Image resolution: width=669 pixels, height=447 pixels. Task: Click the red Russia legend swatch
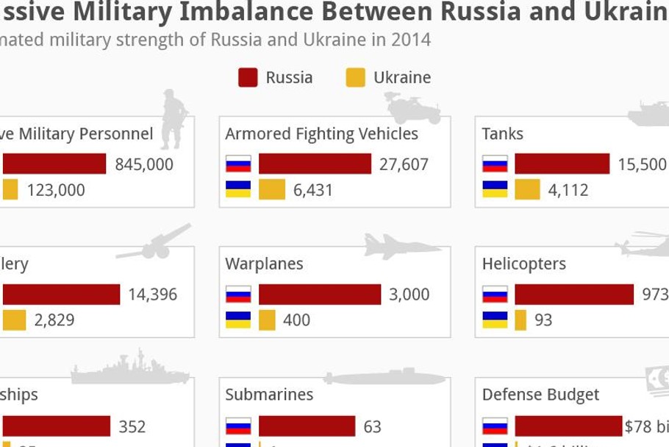coord(248,77)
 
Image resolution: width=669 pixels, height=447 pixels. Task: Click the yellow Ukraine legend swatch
coord(355,77)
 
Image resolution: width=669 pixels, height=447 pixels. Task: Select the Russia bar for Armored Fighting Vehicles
coord(315,163)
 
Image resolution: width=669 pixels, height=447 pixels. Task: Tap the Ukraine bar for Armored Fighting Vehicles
coord(271,189)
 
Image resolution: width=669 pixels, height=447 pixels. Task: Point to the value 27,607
coord(404,164)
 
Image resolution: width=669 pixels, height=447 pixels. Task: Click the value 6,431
coord(313,190)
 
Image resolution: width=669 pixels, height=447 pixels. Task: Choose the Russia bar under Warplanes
coord(319,294)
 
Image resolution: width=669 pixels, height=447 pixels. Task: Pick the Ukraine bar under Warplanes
coord(267,320)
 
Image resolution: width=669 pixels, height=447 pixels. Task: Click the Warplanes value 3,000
coord(409,295)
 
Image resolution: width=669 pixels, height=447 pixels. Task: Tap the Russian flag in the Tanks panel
coord(495,163)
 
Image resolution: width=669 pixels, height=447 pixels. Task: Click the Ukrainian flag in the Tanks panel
coord(495,189)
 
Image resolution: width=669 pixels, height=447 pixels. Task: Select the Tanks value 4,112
coord(568,190)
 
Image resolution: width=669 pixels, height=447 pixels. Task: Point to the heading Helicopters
coord(524,264)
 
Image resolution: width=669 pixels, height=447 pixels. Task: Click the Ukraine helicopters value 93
coord(543,320)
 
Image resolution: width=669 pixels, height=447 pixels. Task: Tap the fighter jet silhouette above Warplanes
coord(401,247)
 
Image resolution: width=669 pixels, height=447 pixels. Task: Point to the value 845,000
coord(144,164)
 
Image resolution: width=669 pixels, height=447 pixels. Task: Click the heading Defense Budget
coord(540,395)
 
